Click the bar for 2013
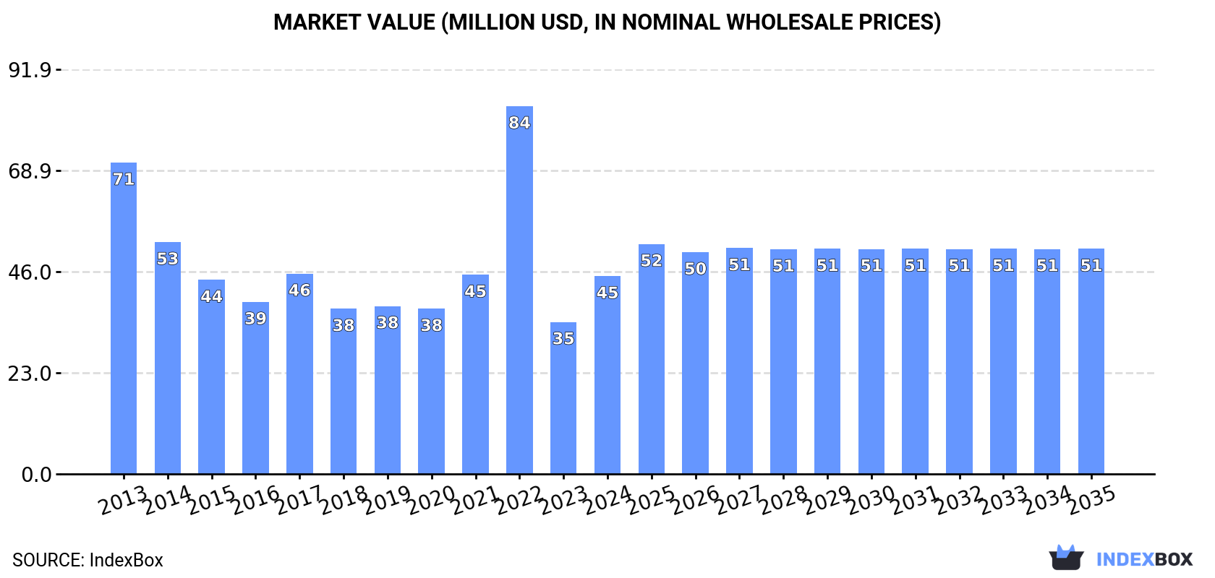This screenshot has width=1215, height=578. coord(124,318)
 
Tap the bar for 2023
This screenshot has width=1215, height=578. coord(563,397)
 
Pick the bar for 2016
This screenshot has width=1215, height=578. coord(255,388)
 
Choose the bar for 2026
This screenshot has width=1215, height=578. coord(695,363)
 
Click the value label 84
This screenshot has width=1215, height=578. coord(519,123)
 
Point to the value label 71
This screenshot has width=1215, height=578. coord(124,179)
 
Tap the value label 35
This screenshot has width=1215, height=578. coord(563,338)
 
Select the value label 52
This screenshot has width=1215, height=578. coord(651,261)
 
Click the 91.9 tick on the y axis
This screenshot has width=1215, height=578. coord(30,70)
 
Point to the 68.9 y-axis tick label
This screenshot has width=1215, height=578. coord(30,171)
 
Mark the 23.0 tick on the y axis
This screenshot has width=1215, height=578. coord(30,374)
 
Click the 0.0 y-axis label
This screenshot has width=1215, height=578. coord(36,475)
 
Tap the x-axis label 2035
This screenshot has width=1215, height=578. coord(1091,500)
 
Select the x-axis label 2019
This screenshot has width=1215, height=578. coord(388,500)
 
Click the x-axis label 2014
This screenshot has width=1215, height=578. coord(168,500)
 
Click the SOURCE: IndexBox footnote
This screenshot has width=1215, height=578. coord(88,560)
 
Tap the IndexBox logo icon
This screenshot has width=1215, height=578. coord(1066,558)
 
